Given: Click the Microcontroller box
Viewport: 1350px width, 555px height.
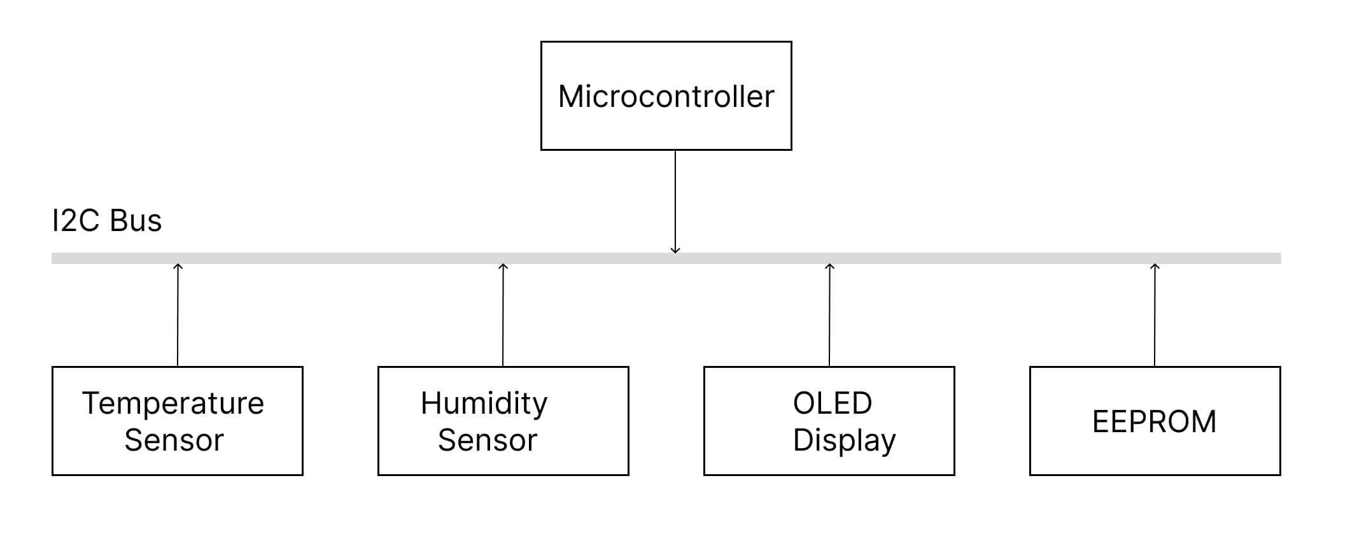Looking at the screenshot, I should click(666, 95).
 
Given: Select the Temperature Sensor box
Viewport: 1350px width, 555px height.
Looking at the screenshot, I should click(177, 420).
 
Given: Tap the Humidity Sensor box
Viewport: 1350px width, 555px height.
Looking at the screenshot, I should click(503, 420).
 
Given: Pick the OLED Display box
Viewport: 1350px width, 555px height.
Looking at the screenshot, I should click(829, 420).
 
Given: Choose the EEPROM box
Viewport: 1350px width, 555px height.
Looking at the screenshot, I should click(1155, 421).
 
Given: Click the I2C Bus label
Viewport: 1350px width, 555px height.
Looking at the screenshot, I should click(106, 221).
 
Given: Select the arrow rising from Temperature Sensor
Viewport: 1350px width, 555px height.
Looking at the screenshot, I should click(178, 315).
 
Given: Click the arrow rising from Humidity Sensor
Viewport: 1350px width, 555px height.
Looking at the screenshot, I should click(503, 315).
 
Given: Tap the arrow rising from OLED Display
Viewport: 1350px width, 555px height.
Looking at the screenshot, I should click(829, 315).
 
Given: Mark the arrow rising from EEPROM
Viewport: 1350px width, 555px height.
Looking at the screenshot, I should click(1155, 315).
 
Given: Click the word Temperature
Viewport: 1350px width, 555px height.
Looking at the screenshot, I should click(172, 404).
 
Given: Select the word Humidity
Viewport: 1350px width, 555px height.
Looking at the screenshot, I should click(484, 404).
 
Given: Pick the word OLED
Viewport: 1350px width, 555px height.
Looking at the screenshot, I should click(832, 403).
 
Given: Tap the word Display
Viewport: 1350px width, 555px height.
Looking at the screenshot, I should click(844, 440).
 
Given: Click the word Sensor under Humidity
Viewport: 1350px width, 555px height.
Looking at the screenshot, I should click(488, 440).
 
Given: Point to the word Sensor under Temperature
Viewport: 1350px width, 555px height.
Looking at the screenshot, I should click(174, 440).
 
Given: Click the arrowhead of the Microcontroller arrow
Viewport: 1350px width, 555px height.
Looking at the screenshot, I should click(675, 251).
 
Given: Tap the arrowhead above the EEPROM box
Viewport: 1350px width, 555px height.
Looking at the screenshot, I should click(1155, 266).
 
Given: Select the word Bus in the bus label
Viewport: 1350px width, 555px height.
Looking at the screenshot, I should click(136, 221).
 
